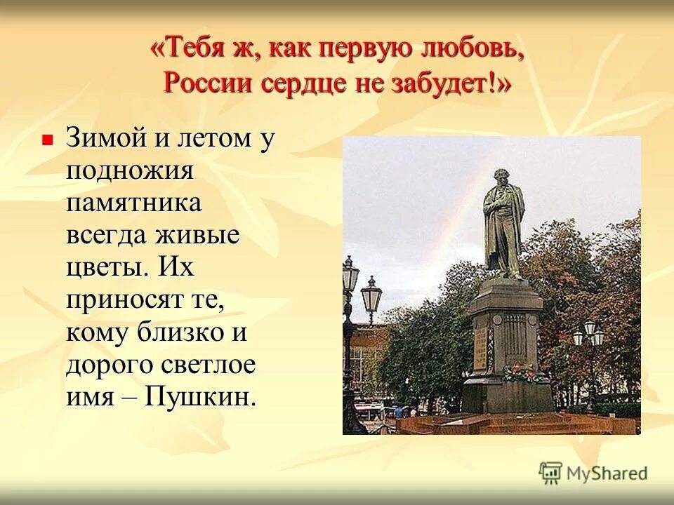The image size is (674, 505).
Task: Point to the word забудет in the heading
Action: (448, 83)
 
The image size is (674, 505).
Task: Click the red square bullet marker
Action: (48, 140)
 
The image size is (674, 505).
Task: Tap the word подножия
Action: (130, 170)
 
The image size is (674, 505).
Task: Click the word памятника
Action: (134, 203)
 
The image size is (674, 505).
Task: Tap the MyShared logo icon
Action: (551, 473)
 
